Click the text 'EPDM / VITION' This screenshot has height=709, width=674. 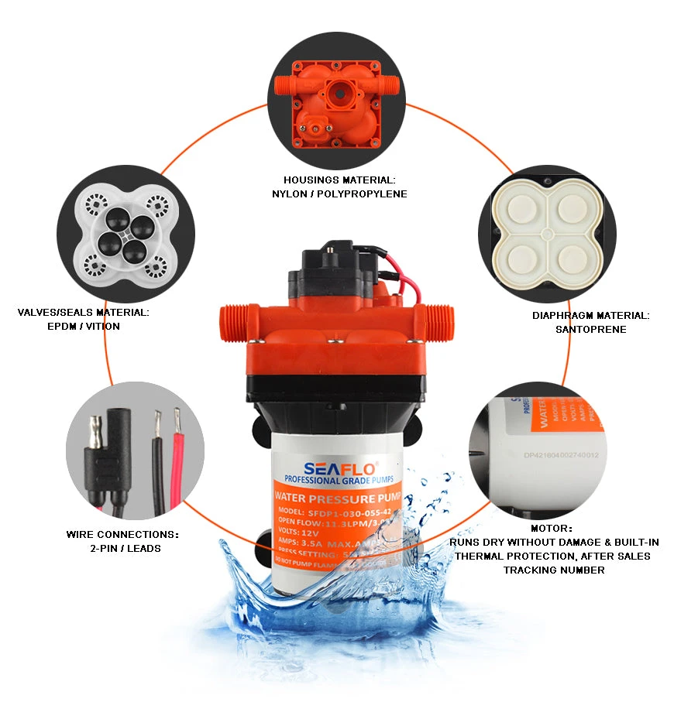click(x=84, y=326)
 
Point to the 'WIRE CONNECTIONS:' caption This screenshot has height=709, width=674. click(x=122, y=535)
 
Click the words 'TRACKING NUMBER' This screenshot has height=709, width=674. click(x=554, y=570)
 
